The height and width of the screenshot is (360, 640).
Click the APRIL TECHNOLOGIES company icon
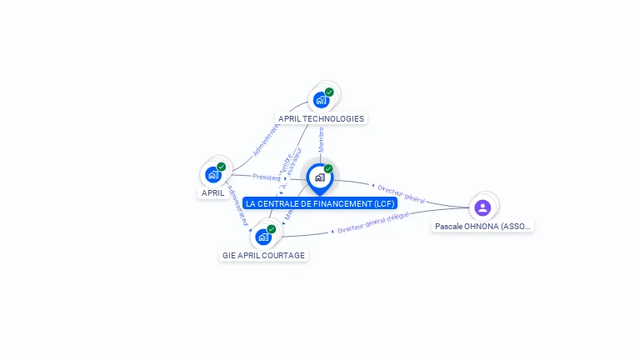tap(321, 100)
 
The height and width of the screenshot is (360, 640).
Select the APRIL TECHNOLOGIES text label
tap(321, 118)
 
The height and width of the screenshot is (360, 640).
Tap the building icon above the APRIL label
tap(213, 174)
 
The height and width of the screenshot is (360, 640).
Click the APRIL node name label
tap(212, 192)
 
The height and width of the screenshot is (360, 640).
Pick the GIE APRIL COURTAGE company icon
tap(263, 237)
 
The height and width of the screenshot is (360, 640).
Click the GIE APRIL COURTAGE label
tap(263, 255)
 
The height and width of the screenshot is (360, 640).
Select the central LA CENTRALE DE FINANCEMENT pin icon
tap(319, 177)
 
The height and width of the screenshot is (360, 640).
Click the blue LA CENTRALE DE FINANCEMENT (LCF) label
tap(320, 202)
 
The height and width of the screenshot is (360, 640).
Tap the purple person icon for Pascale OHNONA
tap(482, 207)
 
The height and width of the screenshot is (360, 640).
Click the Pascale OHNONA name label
tap(483, 226)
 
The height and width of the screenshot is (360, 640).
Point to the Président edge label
tap(267, 177)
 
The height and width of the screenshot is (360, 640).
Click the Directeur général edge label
tap(402, 194)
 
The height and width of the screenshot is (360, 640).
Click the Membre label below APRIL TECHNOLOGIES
tap(321, 139)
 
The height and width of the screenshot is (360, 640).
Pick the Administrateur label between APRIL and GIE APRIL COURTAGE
tap(237, 205)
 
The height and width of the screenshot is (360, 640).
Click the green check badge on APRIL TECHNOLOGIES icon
tap(329, 92)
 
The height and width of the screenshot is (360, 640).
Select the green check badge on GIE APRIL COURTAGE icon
tap(272, 229)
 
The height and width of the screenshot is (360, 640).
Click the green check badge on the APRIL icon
tap(222, 167)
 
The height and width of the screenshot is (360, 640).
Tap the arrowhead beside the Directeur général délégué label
tap(332, 231)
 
